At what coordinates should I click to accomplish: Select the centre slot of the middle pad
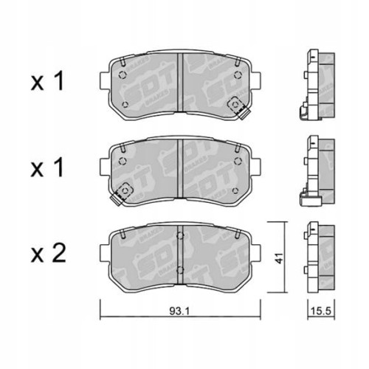(181, 168)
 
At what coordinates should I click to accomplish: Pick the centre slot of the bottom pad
(181, 254)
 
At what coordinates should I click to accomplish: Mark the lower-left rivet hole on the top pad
(125, 103)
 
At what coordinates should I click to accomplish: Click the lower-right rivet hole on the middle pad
(238, 189)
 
